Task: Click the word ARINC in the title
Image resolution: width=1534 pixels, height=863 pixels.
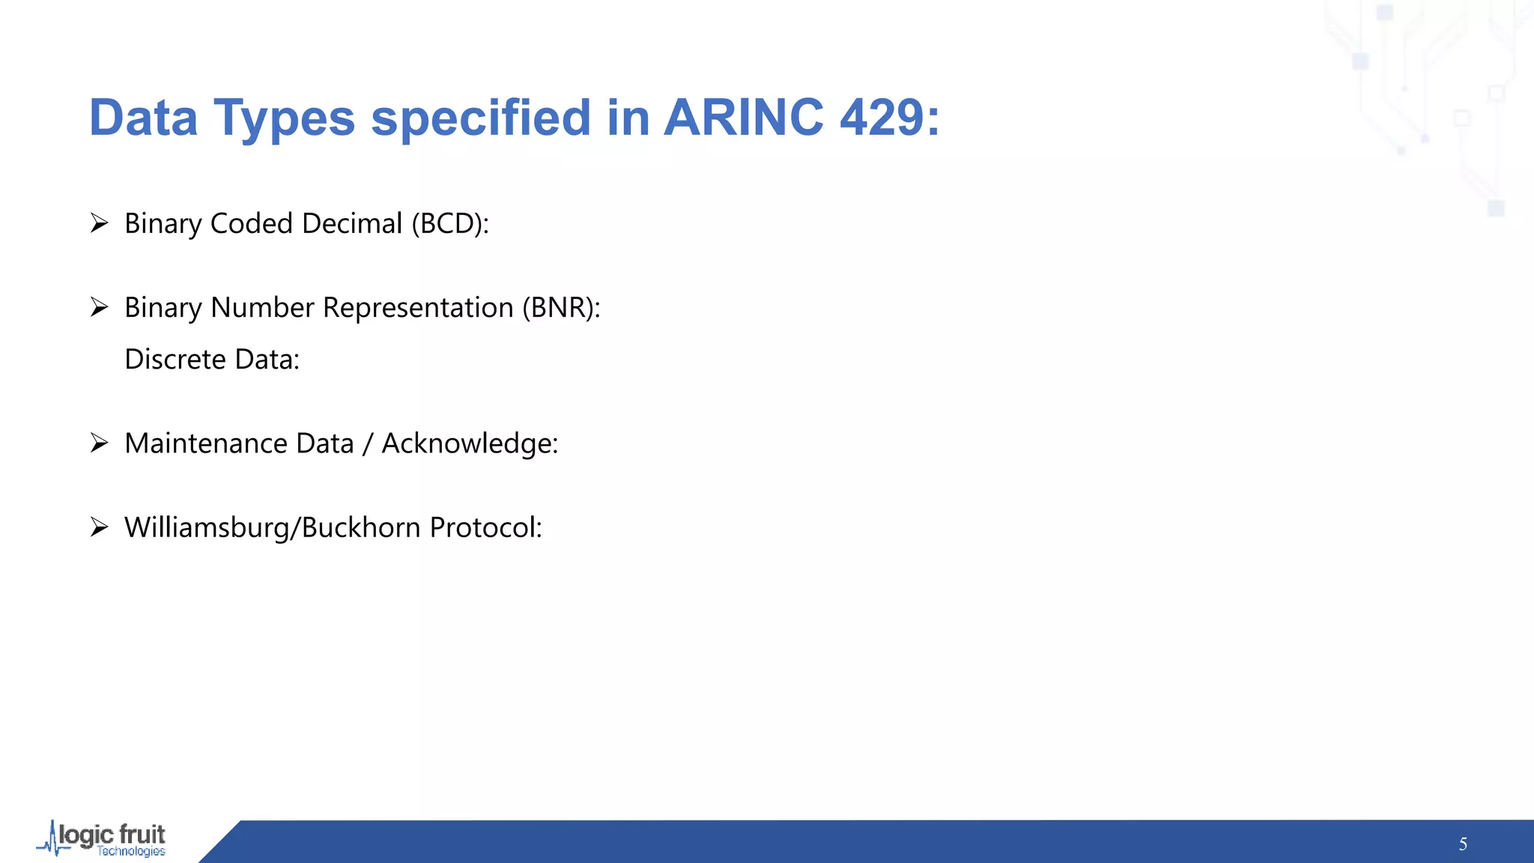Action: pos(744,118)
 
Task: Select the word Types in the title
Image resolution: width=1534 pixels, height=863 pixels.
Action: pos(284,119)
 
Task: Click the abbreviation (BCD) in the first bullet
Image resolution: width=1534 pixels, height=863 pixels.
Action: pos(450,224)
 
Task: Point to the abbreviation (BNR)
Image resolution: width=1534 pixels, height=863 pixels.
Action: pos(561,308)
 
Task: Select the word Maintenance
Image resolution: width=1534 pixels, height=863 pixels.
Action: pos(207,443)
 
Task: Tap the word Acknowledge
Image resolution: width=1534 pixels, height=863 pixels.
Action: pos(470,444)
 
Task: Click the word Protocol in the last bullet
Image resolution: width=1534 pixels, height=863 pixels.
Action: pos(486,527)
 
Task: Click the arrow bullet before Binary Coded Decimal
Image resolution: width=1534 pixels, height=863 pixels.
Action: pos(100,223)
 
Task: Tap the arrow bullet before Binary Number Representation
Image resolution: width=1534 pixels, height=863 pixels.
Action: pos(100,307)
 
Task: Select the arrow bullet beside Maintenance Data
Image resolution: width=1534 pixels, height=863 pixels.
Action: pos(100,443)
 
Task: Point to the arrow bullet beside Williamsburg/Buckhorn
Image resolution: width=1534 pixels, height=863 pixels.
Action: pos(100,527)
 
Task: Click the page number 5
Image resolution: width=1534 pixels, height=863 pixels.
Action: pos(1463,844)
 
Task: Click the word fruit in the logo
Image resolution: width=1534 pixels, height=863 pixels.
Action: pos(142,835)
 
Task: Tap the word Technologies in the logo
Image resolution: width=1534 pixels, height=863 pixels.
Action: pos(131,852)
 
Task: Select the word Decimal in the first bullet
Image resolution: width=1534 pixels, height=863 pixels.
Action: pos(352,224)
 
